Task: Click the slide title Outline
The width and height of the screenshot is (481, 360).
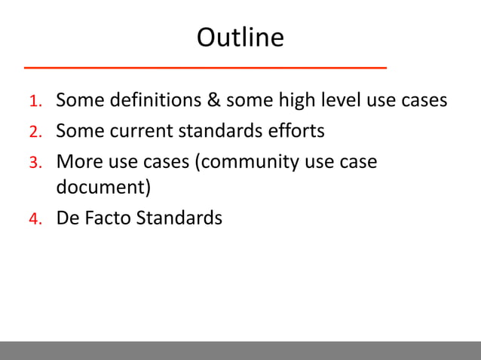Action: coord(240,37)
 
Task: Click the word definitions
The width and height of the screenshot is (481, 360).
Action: coord(152,100)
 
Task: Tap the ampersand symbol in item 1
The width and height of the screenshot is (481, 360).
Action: coord(213,100)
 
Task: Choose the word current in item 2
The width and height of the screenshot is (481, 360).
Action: coord(142,131)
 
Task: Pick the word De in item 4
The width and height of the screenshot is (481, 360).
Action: coord(67,218)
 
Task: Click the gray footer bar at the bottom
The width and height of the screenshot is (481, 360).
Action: coord(240,350)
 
